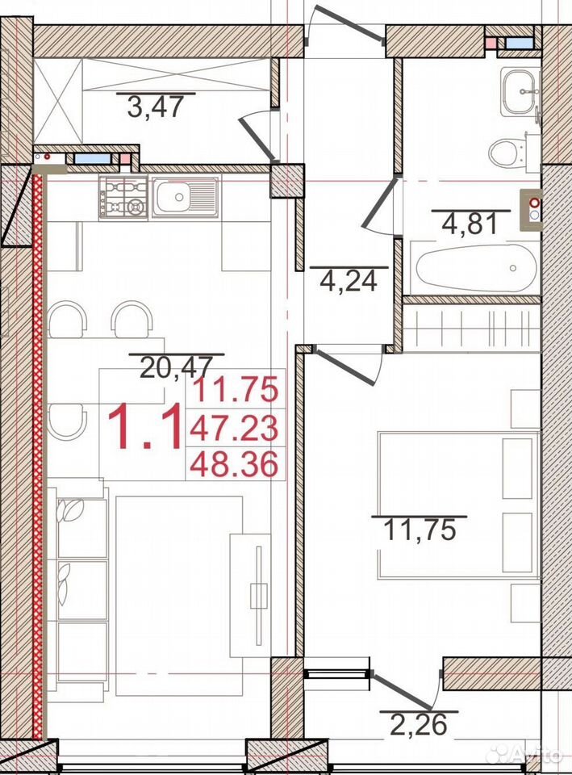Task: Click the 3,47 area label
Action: pyautogui.click(x=155, y=107)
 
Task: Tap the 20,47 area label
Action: pyautogui.click(x=176, y=367)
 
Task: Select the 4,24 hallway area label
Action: pyautogui.click(x=349, y=281)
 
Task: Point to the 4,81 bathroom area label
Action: pyautogui.click(x=470, y=224)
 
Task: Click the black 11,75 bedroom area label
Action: pyautogui.click(x=419, y=531)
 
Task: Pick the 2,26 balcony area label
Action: pyautogui.click(x=419, y=725)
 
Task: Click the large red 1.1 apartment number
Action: pyautogui.click(x=144, y=426)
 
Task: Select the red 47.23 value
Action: pyautogui.click(x=234, y=428)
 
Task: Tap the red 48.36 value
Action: pyautogui.click(x=234, y=465)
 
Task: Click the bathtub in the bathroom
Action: pyautogui.click(x=476, y=268)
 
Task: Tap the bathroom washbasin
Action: pyautogui.click(x=519, y=92)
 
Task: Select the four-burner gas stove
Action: pyautogui.click(x=123, y=197)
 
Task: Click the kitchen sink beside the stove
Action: pyautogui.click(x=185, y=197)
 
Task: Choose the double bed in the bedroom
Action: pyautogui.click(x=458, y=505)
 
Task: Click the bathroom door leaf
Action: pyautogui.click(x=380, y=203)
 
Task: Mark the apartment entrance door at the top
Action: pyautogui.click(x=349, y=23)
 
